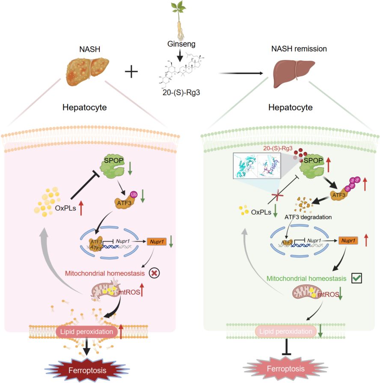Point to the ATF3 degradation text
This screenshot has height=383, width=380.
pyautogui.click(x=307, y=217)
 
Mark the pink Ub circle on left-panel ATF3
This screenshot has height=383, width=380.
pyautogui.click(x=134, y=193)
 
